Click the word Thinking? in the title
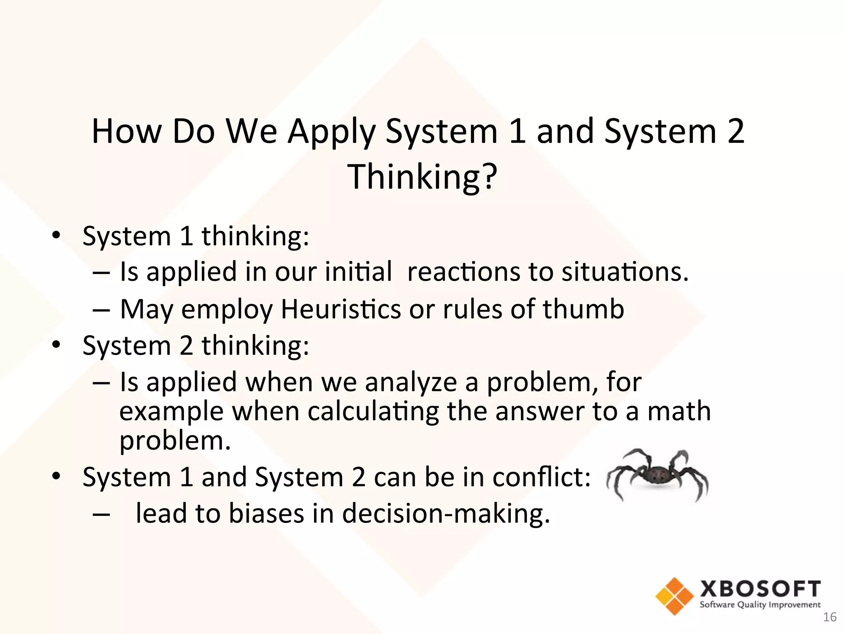(x=422, y=177)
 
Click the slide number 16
(x=829, y=617)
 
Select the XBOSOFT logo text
(x=760, y=589)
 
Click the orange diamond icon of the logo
(x=674, y=596)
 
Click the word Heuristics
(x=340, y=310)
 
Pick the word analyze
(x=411, y=382)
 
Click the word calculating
(x=373, y=412)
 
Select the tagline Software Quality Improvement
(x=760, y=605)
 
